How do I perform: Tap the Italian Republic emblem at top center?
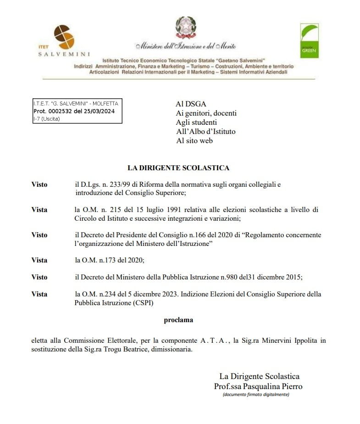coord(185,28)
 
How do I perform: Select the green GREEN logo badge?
coord(309,41)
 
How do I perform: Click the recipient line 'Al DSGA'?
coord(191,104)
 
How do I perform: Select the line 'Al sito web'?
coord(194,141)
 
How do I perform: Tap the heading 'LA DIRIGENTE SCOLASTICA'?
coord(178,168)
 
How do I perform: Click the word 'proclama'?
coord(178,320)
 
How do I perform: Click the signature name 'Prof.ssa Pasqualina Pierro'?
coord(258,386)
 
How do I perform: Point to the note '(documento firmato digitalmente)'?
coord(256,395)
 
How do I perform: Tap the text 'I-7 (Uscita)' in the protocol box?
coord(47,119)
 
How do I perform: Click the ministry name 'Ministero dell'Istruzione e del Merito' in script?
coord(185,46)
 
